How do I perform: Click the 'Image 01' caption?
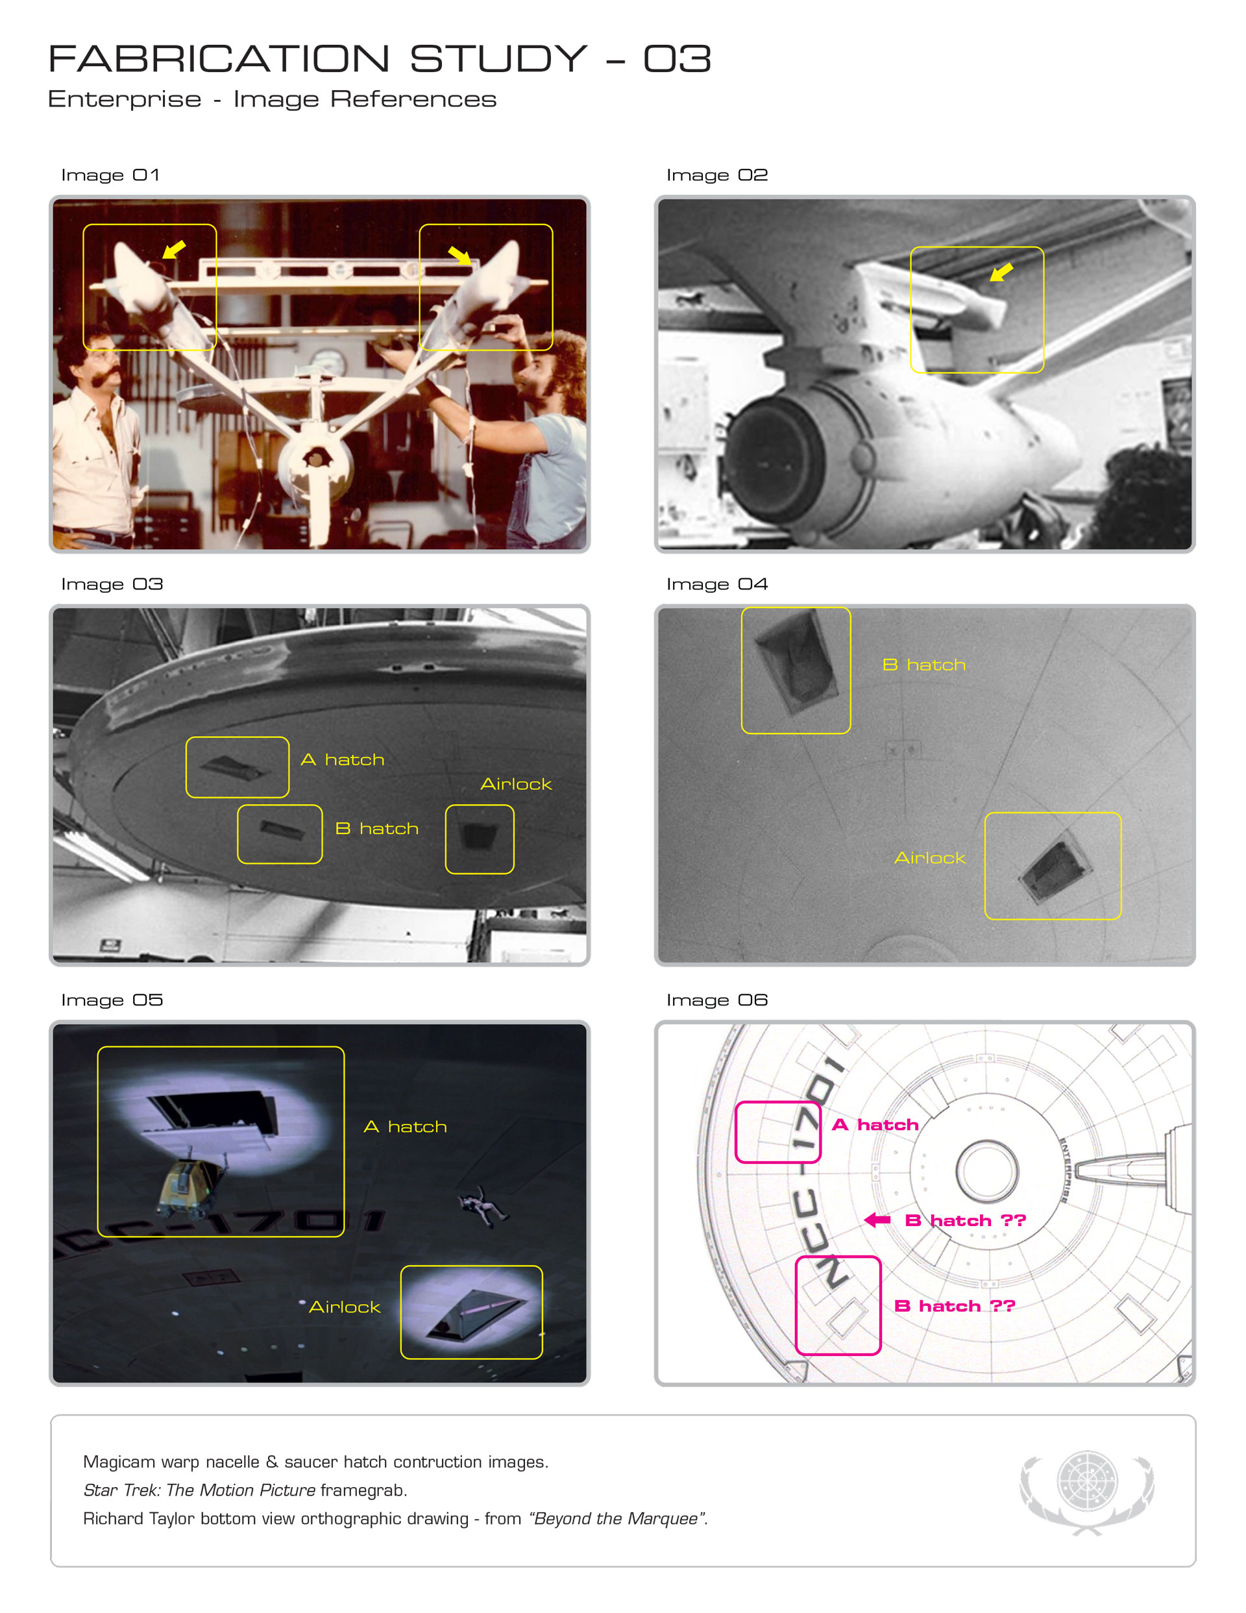pyautogui.click(x=110, y=175)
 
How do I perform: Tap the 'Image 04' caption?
pyautogui.click(x=716, y=584)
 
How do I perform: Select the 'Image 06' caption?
pyautogui.click(x=716, y=1000)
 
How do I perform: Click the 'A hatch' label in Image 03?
pyautogui.click(x=343, y=760)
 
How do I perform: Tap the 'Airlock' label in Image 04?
pyautogui.click(x=930, y=857)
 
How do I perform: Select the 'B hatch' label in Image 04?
pyautogui.click(x=924, y=665)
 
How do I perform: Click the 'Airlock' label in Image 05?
pyautogui.click(x=344, y=1307)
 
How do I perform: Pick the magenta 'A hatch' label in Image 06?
pyautogui.click(x=875, y=1124)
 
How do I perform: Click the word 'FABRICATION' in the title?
pyautogui.click(x=219, y=58)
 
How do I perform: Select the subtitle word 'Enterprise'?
pyautogui.click(x=125, y=99)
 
